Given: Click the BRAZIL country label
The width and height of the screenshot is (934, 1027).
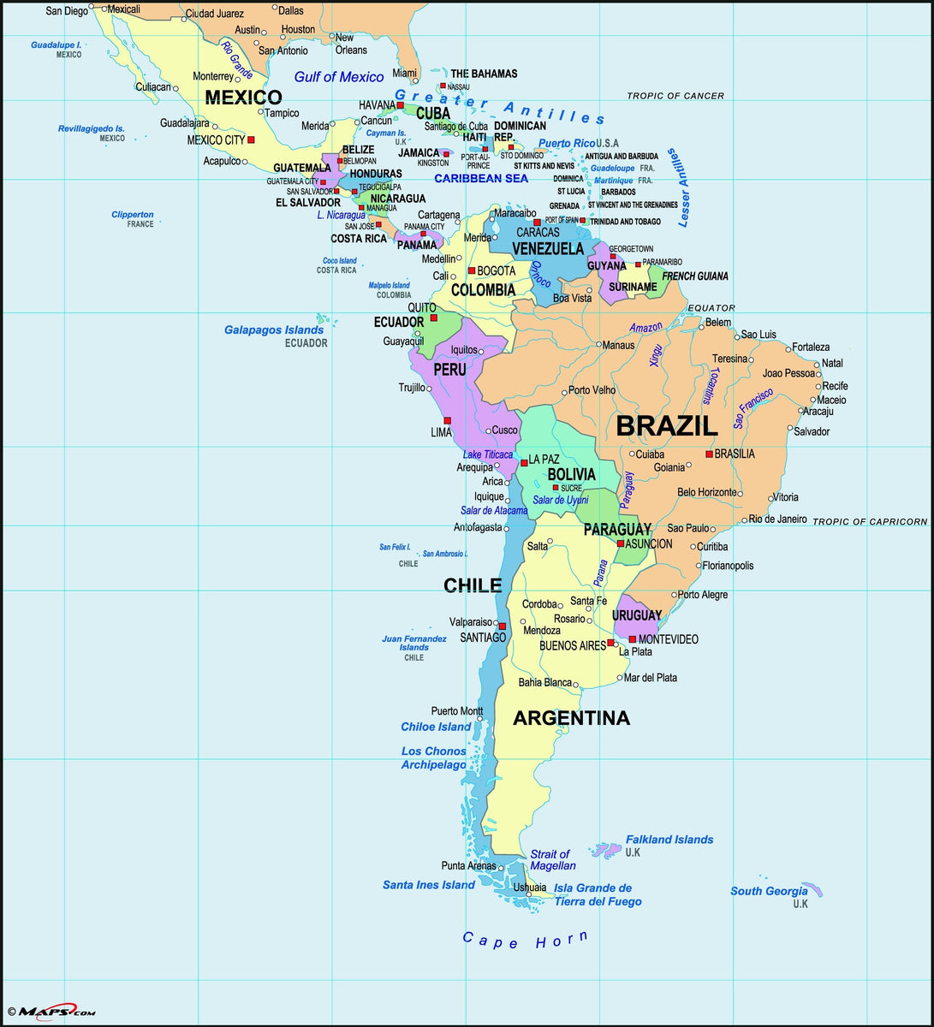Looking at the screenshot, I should click(667, 425).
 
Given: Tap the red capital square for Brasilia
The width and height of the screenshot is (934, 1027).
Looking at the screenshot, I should click(709, 454).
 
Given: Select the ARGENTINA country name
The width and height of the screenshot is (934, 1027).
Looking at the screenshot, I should click(571, 718).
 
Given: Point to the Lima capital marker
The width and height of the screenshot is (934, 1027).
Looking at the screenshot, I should click(447, 421).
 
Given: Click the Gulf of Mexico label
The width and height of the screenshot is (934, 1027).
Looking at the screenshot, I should click(339, 77).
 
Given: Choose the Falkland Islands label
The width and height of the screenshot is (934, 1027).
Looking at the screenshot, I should click(669, 840).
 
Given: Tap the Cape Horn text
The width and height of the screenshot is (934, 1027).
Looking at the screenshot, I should click(526, 940).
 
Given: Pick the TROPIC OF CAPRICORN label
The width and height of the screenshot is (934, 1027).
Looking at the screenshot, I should click(869, 521).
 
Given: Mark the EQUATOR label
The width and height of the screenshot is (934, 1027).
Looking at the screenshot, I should click(711, 308).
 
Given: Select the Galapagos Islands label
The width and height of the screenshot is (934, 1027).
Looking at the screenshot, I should click(274, 329).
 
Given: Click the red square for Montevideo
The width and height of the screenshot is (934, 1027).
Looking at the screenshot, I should click(633, 639).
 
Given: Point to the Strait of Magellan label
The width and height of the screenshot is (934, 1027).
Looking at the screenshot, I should click(552, 859).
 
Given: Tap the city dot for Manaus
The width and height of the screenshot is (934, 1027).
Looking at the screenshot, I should click(596, 345).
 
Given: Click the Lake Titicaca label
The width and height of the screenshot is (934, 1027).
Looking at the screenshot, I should click(487, 454).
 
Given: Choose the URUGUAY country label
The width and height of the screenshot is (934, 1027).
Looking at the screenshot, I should click(636, 615).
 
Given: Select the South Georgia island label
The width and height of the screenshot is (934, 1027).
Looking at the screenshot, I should click(769, 891).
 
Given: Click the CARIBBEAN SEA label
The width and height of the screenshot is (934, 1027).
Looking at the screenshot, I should click(481, 178).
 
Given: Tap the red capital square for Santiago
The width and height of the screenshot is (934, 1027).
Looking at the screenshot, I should click(503, 626).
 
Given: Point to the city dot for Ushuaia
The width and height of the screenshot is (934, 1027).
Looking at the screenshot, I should click(540, 894).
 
